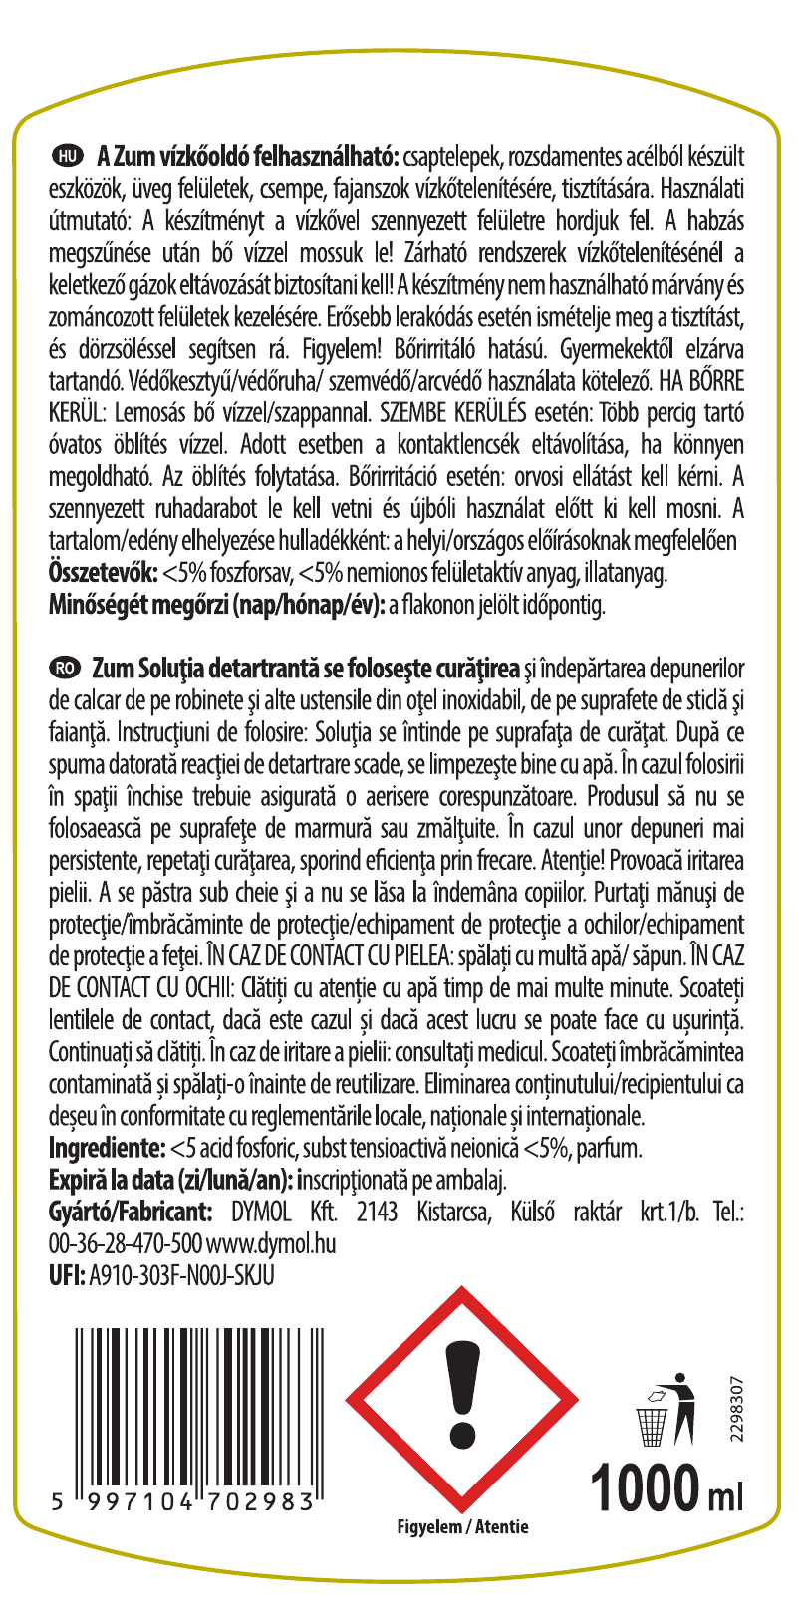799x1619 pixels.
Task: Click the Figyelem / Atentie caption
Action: point(461,1527)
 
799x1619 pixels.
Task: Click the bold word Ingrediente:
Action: point(108,1148)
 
